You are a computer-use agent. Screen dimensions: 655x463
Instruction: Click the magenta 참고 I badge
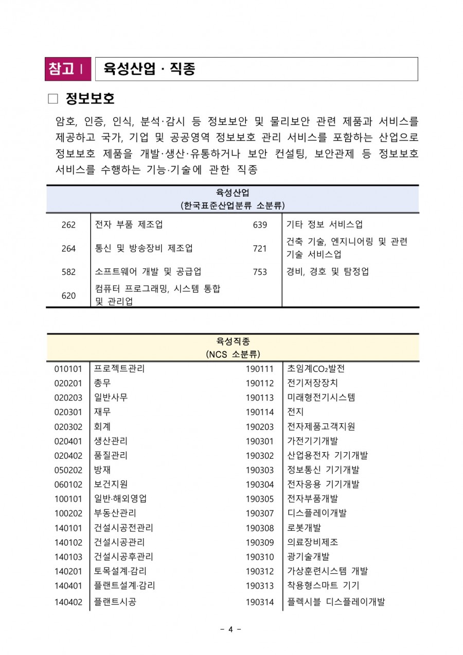(67, 69)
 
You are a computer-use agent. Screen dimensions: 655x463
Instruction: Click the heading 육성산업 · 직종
(150, 69)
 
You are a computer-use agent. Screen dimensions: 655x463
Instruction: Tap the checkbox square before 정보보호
(53, 98)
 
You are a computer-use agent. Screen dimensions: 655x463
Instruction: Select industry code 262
(68, 225)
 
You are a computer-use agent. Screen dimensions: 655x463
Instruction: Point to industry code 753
(260, 272)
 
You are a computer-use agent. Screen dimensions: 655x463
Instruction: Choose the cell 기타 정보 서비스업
(324, 225)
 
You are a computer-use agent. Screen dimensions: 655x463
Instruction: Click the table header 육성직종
(233, 341)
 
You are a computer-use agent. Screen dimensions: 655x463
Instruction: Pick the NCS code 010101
(68, 369)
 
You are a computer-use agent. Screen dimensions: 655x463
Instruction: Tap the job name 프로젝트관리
(119, 369)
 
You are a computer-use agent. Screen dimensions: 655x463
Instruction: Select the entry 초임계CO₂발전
(316, 369)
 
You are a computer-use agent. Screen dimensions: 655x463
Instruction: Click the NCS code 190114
(260, 412)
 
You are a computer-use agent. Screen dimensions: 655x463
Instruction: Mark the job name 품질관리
(111, 455)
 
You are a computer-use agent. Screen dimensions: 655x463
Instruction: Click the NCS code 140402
(68, 601)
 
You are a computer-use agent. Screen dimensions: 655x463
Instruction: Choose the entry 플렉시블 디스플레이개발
(336, 601)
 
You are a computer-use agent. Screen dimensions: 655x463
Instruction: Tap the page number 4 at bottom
(231, 629)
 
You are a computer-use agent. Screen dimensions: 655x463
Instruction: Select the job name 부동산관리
(115, 513)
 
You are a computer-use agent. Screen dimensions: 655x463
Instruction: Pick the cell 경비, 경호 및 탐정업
(327, 271)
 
